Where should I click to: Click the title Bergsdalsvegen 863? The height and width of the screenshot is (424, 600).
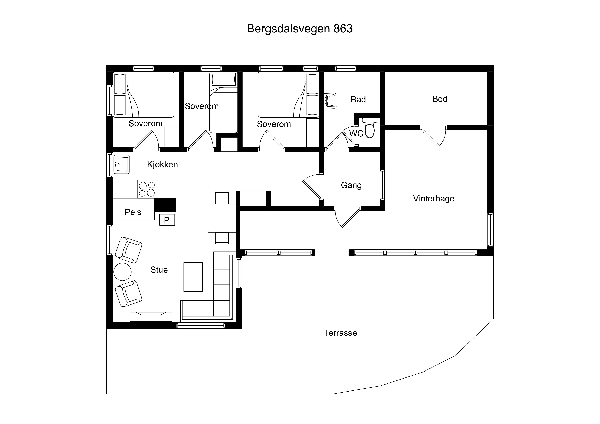pos(300,29)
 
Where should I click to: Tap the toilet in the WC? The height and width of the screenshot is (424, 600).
pos(369,128)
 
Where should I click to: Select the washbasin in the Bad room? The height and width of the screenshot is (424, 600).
pos(330,101)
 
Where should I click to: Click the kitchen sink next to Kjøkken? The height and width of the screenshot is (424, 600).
pos(121,164)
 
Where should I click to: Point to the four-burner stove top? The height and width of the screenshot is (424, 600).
pos(147,189)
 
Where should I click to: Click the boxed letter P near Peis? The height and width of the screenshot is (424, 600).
pos(167,220)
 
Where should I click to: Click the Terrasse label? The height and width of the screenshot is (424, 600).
pos(340,333)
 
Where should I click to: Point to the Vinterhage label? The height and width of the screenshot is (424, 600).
pos(434,198)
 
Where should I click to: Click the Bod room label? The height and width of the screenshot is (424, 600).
pos(440,99)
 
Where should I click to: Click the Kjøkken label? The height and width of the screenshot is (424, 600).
pos(162,165)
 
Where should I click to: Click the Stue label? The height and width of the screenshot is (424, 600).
pos(159,270)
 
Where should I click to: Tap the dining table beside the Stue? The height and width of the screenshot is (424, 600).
pos(222,218)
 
